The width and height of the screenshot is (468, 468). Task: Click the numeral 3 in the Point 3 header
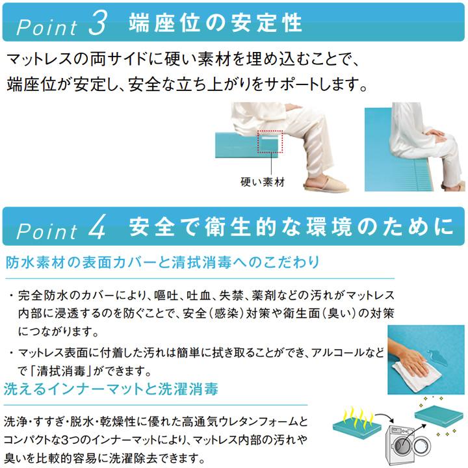(98, 23)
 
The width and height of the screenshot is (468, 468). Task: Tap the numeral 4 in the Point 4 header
(97, 227)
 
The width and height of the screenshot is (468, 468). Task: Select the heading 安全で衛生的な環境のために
(291, 227)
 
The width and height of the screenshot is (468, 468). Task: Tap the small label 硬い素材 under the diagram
(263, 182)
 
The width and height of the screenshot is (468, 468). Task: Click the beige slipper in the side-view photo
(326, 184)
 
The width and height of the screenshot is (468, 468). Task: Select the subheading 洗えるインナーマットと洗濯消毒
(110, 389)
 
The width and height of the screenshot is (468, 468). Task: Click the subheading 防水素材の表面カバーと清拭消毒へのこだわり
(162, 263)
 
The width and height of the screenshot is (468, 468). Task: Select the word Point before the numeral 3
(47, 27)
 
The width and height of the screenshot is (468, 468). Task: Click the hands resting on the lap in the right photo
(436, 135)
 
